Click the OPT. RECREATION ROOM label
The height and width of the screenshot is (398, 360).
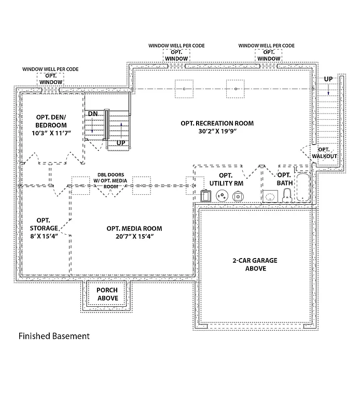coord(217,123)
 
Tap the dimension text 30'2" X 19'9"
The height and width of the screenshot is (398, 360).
coord(217,132)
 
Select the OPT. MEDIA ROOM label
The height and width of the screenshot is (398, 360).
coord(134,229)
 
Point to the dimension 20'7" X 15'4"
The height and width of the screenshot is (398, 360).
coord(134,237)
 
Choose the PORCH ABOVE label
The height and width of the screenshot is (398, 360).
coord(107,294)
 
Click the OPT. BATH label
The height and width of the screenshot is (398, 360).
coord(284,179)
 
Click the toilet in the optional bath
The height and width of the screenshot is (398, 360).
coord(287,195)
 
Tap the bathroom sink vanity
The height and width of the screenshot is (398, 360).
coord(270,196)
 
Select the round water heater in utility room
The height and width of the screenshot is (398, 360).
coord(222,196)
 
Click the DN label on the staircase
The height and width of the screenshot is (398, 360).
coord(92,113)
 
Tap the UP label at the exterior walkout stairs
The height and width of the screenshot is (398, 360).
coord(328,79)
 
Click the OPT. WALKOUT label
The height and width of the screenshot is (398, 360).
coord(324,153)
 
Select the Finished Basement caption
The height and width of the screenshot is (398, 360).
coord(54,336)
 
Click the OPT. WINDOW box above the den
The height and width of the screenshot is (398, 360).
coord(51,79)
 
